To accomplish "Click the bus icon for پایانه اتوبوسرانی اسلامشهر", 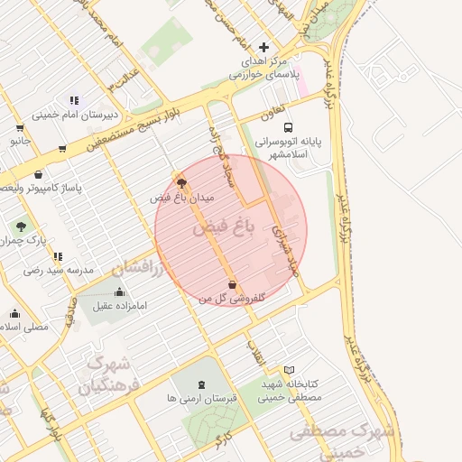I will pos(288,127).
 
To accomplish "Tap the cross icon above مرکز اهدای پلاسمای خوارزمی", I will pos(263,47).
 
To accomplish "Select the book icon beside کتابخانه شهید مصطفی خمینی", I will pos(289,370).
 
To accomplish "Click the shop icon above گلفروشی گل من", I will pos(233,284).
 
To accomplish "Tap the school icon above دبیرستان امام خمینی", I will pos(73,101).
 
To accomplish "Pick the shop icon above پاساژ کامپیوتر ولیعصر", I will pos(38,174).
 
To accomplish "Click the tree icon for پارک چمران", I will pos(20,226).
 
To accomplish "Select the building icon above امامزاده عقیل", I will pos(120,292).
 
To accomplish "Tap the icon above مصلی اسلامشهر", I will pos(14,314).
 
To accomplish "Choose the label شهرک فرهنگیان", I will pos(104,374).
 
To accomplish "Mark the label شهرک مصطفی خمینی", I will pos(343,442).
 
